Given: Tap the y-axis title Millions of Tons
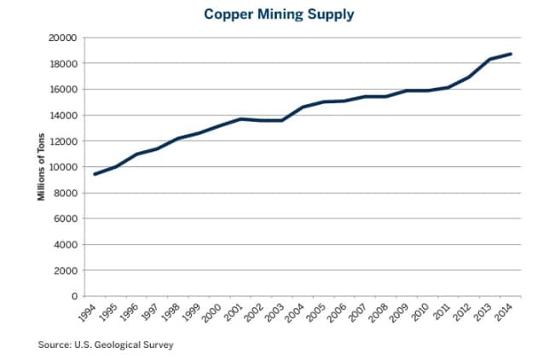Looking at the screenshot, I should point(40,168).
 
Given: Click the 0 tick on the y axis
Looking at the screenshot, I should point(74,296).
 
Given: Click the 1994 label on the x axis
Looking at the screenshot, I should point(86,314).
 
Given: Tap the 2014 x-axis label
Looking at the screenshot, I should point(504,314).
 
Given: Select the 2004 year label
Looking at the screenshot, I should point(295,314).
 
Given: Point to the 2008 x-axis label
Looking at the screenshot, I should point(379,314).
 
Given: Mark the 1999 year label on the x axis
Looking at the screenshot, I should point(191,314).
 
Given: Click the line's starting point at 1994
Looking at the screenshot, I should point(95,174).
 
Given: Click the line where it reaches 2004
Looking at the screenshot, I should point(304,107).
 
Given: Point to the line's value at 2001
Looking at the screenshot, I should point(240,119).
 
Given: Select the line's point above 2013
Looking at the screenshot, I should point(490,59).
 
